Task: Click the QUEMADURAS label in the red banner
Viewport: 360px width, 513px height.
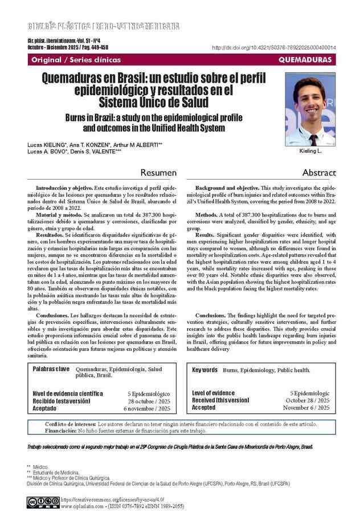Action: (305, 59)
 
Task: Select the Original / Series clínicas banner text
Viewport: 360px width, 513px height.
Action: (68, 59)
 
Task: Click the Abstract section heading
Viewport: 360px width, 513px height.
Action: (319, 173)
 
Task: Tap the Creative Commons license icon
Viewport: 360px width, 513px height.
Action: (42, 501)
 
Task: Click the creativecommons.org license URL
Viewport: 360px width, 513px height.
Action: (107, 499)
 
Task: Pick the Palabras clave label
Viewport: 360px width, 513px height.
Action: (51, 369)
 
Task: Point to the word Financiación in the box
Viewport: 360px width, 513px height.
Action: (60, 431)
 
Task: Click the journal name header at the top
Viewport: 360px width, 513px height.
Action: (104, 26)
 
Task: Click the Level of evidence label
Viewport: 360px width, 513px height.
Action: (213, 393)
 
